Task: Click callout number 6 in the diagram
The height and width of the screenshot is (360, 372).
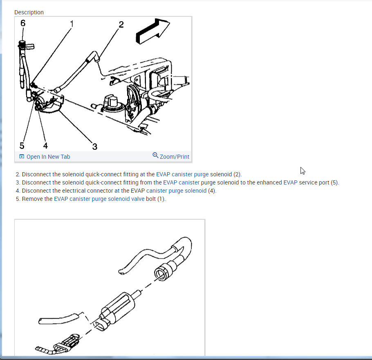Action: coord(23,23)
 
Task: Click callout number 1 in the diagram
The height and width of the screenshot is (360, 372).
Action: coord(72,24)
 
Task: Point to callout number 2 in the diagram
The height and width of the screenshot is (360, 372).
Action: coord(121,25)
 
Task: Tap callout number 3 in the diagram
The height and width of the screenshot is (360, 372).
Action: coord(95,146)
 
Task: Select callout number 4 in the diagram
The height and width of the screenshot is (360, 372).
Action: coord(45,145)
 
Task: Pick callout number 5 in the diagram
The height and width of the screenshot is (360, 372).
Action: coord(22,145)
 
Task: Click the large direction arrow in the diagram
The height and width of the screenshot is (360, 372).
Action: coord(152,31)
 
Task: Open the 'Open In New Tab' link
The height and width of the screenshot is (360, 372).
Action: coord(48,157)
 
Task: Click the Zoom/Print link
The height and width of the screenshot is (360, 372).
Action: coord(175,157)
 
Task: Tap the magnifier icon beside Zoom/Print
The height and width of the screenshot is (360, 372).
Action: coord(155,155)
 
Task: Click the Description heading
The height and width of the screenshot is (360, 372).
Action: coord(29,12)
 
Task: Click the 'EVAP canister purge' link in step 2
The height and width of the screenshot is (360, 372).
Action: coord(182,174)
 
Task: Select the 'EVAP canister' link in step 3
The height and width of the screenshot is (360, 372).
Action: coord(181,182)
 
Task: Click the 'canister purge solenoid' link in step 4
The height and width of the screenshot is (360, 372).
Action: coord(176,191)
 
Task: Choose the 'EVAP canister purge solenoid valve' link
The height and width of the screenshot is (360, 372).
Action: coord(99,199)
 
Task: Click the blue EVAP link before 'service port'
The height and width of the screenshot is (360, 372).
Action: coord(290,182)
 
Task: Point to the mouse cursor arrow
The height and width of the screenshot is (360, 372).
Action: coord(303,171)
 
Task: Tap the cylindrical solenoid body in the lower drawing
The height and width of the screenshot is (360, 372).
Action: coord(118,307)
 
